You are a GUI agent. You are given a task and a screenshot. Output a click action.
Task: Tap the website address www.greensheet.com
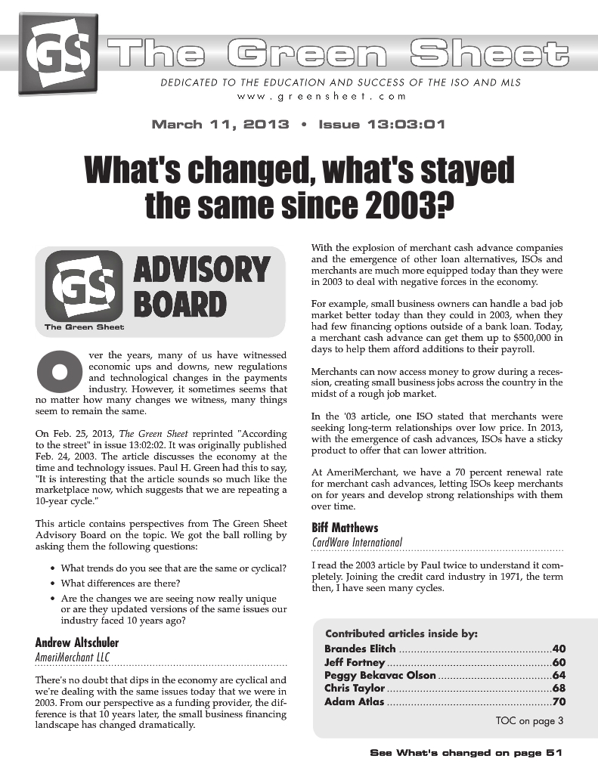pyautogui.click(x=321, y=96)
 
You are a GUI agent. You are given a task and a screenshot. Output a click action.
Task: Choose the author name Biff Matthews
pyautogui.click(x=345, y=528)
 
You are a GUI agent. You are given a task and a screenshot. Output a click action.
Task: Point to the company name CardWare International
pyautogui.click(x=357, y=542)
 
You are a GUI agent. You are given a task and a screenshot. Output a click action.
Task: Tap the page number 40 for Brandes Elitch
pyautogui.click(x=559, y=649)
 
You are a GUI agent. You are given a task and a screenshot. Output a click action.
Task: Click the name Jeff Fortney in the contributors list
pyautogui.click(x=355, y=662)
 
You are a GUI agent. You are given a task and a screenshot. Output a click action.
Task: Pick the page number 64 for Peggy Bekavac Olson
pyautogui.click(x=559, y=675)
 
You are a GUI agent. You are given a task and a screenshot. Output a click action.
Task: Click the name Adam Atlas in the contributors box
pyautogui.click(x=354, y=701)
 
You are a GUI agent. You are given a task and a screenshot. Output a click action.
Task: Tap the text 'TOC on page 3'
pyautogui.click(x=529, y=720)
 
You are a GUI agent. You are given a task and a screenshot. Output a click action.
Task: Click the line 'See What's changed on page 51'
pyautogui.click(x=466, y=753)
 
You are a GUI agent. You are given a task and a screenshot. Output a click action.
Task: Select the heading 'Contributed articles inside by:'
pyautogui.click(x=401, y=633)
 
